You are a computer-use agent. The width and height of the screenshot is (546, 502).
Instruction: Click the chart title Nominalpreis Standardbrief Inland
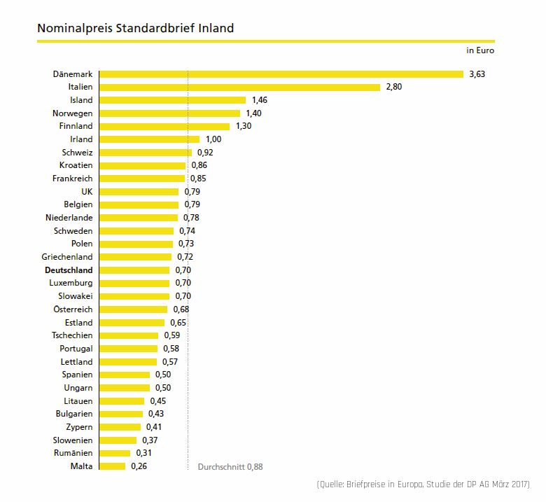coord(135,29)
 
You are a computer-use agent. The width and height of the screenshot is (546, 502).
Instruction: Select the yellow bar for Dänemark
coord(281,74)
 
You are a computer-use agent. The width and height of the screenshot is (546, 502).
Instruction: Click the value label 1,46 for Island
coord(260,100)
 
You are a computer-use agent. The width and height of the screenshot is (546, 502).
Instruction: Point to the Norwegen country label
coord(72,113)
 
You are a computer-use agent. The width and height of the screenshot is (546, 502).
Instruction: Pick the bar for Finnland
coord(164,126)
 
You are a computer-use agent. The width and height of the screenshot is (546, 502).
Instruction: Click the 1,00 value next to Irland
coord(213,139)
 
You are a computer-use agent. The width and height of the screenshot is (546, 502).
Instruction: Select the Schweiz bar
coord(146,152)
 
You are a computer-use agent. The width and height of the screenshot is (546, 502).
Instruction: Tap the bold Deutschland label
coord(68,270)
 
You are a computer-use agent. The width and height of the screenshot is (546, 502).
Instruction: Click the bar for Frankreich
coord(142,179)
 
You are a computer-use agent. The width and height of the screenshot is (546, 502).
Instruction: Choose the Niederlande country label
coord(69,218)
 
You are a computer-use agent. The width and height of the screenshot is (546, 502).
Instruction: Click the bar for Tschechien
coord(129,335)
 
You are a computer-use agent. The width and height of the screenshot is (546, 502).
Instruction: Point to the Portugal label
coord(76,348)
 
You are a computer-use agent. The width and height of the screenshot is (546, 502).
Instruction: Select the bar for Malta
coord(113,466)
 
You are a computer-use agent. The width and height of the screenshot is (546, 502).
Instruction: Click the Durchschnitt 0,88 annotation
coord(231,466)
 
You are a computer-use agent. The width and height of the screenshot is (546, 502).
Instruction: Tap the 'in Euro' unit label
coord(481,50)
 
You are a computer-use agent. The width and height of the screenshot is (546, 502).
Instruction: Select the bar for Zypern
coord(120,427)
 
